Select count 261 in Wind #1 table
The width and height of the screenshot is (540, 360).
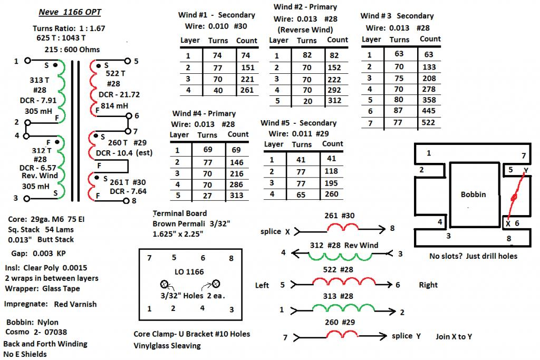pyautogui.click(x=246, y=90)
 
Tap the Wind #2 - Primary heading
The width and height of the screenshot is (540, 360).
pyautogui.click(x=305, y=7)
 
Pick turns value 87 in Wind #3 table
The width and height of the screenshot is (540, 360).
pyautogui.click(x=399, y=111)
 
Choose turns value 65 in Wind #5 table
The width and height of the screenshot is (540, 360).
pyautogui.click(x=302, y=194)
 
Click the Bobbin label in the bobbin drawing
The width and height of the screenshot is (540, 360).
pyautogui.click(x=473, y=194)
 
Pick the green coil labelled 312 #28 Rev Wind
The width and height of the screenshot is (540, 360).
pyautogui.click(x=343, y=255)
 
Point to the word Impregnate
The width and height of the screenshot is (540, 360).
pyautogui.click(x=24, y=304)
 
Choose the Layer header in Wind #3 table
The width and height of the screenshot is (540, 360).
pyautogui.click(x=371, y=40)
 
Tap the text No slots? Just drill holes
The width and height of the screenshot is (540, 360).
pyautogui.click(x=474, y=256)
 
